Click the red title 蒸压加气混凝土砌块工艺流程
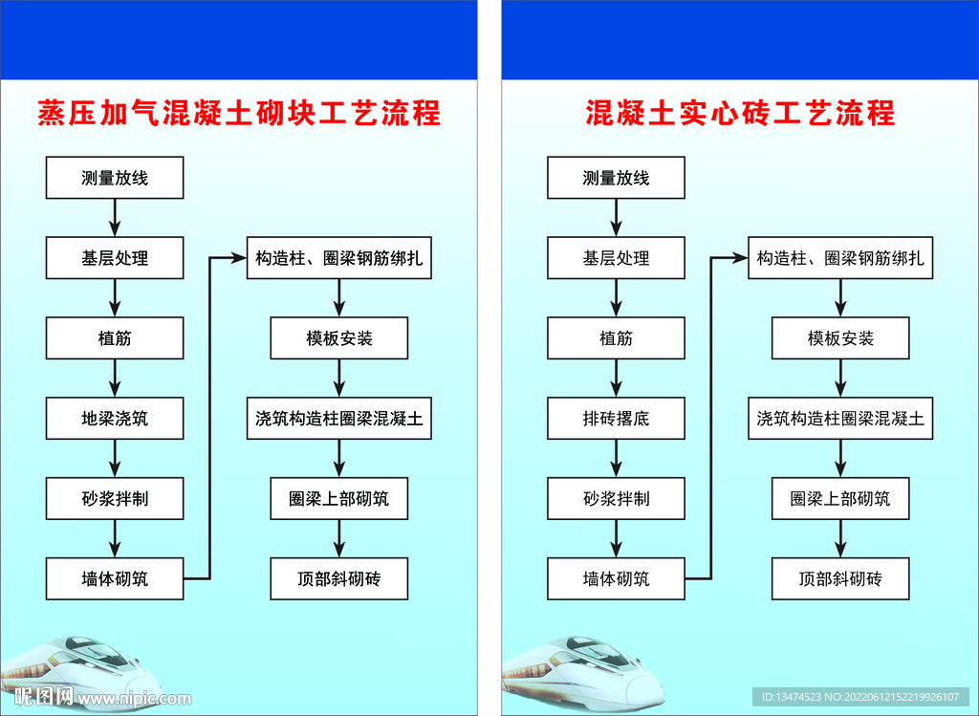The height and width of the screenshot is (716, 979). click(238, 114)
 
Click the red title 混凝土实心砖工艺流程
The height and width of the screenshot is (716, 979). click(740, 114)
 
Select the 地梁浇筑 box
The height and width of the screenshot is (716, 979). click(115, 419)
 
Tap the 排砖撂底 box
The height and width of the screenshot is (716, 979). click(616, 419)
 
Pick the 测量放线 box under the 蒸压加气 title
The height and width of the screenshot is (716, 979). click(115, 178)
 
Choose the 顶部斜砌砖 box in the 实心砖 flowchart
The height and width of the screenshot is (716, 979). click(840, 579)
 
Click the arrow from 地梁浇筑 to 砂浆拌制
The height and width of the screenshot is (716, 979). click(115, 459)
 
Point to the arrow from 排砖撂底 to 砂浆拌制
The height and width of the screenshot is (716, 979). click(616, 459)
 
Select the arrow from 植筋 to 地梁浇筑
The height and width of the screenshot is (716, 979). click(115, 379)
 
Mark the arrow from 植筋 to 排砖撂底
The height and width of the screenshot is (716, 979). click(616, 379)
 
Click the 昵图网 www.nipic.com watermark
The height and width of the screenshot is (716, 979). click(96, 698)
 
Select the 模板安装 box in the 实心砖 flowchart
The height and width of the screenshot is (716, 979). click(840, 338)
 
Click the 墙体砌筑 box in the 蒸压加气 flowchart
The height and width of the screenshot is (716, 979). click(115, 579)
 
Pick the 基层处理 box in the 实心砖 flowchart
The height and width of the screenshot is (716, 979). click(616, 258)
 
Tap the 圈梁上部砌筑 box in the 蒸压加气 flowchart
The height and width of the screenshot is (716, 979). click(339, 499)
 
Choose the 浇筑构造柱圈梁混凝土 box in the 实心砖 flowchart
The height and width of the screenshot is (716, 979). click(840, 419)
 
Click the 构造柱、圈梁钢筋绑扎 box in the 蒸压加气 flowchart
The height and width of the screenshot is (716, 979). click(339, 258)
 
